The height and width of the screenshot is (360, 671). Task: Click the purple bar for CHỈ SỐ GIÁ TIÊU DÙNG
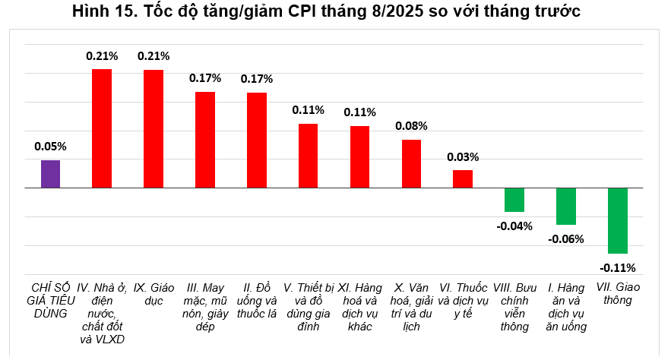[50, 174]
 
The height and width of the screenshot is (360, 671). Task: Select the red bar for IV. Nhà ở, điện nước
[102, 128]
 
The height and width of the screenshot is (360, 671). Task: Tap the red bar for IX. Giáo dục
[154, 128]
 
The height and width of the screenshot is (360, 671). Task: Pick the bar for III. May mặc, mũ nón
[205, 140]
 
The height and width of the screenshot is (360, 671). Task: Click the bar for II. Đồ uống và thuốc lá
[257, 140]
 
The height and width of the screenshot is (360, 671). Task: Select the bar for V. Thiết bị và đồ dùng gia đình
[308, 156]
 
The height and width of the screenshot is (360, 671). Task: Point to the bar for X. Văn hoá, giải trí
[411, 163]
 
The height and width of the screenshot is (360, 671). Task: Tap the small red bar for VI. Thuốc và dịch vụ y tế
[463, 178]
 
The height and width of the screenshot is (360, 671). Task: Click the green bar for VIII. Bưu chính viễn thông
[514, 200]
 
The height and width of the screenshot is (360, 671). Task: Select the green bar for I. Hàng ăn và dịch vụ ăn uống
[566, 206]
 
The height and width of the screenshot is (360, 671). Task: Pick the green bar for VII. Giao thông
[618, 220]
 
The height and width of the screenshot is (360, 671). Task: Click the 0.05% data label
[50, 147]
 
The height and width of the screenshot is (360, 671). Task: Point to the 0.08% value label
[411, 126]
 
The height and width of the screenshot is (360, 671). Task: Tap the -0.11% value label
[618, 267]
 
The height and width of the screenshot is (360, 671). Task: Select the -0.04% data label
[514, 225]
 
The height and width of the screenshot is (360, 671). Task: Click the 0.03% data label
[463, 157]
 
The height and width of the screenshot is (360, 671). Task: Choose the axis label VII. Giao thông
[616, 294]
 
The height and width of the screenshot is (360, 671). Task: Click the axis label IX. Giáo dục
[152, 294]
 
